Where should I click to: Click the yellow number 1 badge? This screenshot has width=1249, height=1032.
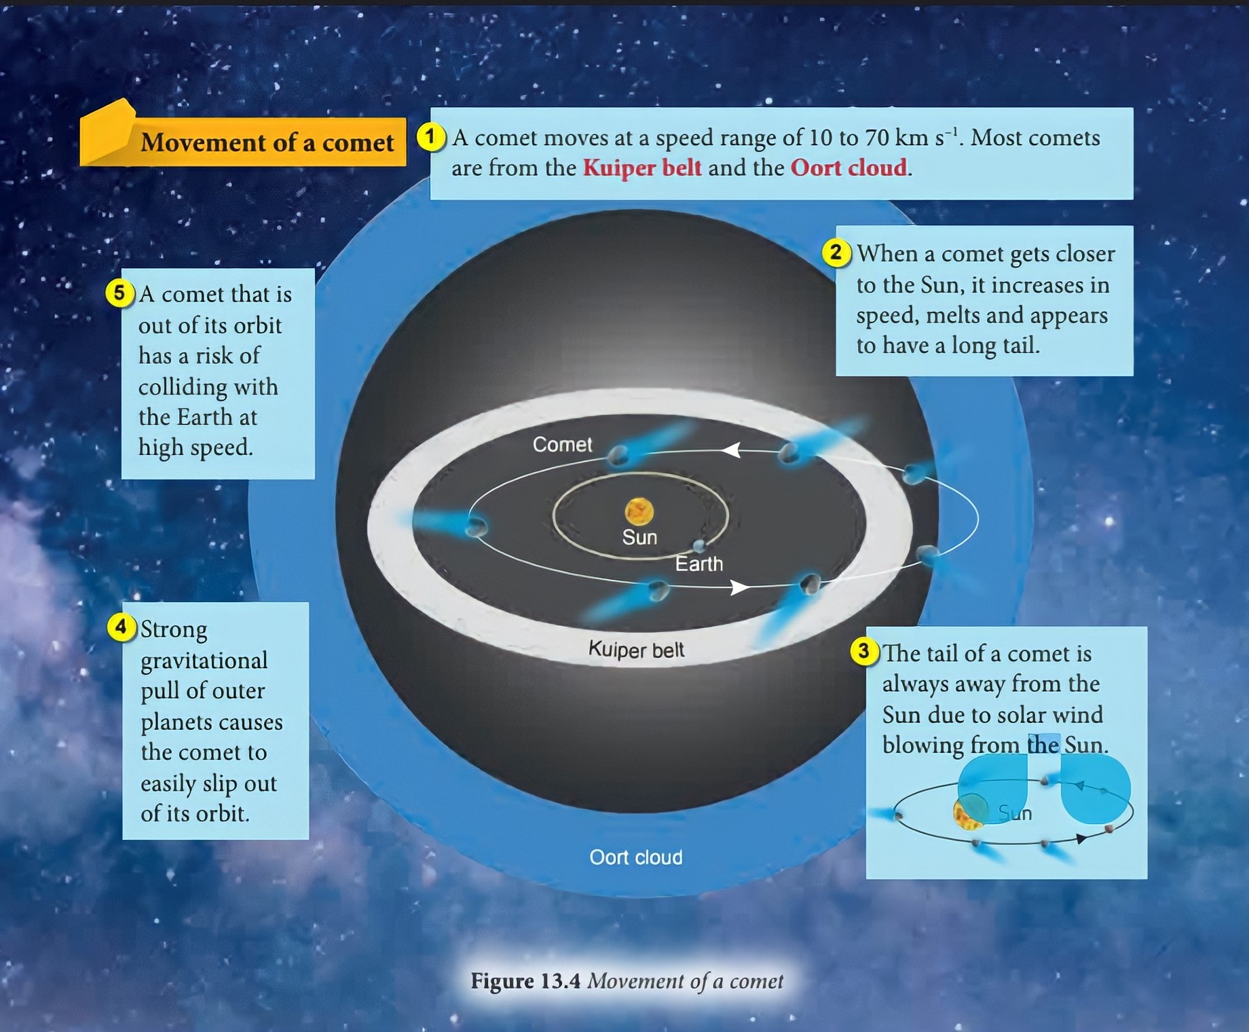429,137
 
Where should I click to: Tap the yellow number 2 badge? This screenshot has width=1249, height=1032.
836,253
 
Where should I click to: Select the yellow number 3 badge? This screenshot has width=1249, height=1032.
863,651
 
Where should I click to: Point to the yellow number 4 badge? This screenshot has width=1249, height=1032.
121,627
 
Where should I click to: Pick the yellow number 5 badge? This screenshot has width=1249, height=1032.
119,293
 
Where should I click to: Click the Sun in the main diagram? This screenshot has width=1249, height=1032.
639,511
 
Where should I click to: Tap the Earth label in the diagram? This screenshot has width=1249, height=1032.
699,564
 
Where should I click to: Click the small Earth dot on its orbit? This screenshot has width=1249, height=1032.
699,545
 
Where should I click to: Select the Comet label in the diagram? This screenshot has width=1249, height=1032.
562,445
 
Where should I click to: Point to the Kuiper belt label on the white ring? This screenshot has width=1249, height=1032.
636,650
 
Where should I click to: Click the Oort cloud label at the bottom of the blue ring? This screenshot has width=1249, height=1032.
636,858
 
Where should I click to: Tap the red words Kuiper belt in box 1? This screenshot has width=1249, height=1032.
642,168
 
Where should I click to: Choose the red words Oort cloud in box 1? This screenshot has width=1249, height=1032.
849,168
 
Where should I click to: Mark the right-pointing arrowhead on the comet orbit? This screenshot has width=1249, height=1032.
740,587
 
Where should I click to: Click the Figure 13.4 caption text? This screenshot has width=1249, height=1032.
627,981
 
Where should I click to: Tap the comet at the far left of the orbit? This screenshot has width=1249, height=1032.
477,526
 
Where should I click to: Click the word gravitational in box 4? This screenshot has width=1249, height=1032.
204,661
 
